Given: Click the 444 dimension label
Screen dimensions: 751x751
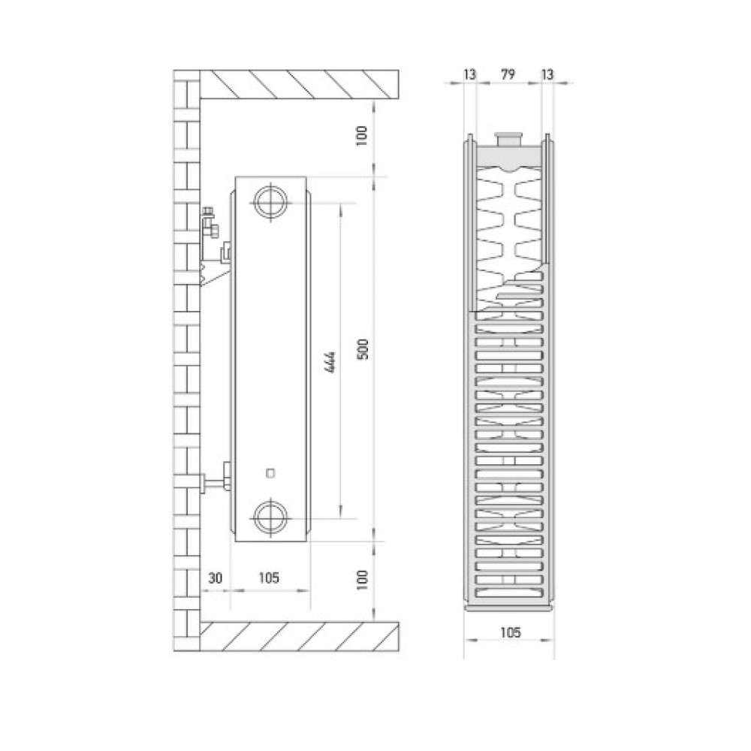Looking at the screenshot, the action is pyautogui.click(x=329, y=362).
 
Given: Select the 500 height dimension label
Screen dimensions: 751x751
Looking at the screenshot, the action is pyautogui.click(x=363, y=349).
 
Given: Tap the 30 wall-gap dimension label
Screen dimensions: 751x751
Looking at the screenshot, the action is pyautogui.click(x=215, y=578).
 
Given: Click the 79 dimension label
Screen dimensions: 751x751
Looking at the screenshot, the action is pyautogui.click(x=508, y=74).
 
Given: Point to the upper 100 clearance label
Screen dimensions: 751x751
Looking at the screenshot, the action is pyautogui.click(x=362, y=135).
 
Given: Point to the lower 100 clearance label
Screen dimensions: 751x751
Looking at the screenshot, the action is pyautogui.click(x=362, y=580).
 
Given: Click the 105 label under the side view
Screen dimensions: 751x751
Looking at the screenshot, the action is pyautogui.click(x=269, y=578).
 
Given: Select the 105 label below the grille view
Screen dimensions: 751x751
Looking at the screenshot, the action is pyautogui.click(x=510, y=632).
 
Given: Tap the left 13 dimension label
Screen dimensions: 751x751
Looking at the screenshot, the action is pyautogui.click(x=470, y=74).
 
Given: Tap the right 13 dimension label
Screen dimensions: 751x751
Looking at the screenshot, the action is pyautogui.click(x=547, y=74).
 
